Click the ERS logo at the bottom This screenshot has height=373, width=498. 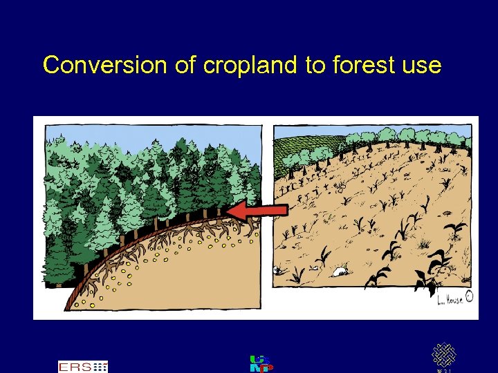(82, 366)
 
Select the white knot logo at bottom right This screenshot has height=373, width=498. (444, 356)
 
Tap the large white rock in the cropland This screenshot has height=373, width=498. (341, 271)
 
